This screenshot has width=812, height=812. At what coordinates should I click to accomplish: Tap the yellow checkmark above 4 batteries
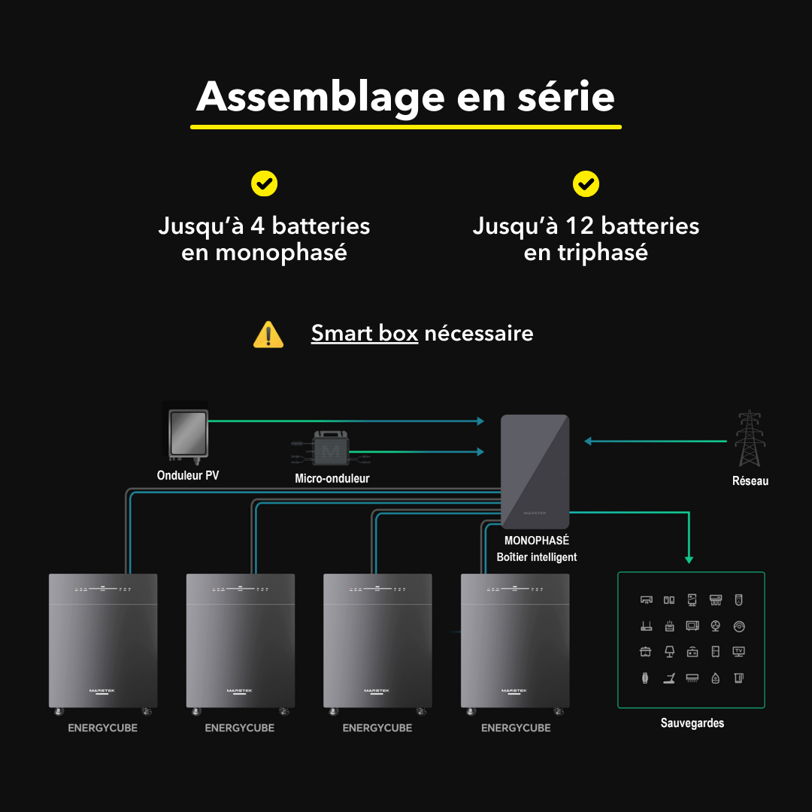[264, 184]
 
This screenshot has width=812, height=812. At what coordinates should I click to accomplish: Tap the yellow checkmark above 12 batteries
[586, 184]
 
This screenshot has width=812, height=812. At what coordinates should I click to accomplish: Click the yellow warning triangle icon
[268, 335]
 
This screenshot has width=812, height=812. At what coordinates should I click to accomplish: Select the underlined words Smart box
[365, 333]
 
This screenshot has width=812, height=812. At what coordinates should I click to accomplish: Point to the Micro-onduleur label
[332, 478]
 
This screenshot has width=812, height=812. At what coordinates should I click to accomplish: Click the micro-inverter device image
[330, 450]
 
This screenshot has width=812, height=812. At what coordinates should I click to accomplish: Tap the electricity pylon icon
[750, 438]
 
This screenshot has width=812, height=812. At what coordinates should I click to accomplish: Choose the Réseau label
[750, 481]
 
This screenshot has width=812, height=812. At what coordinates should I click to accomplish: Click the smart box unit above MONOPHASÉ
[535, 471]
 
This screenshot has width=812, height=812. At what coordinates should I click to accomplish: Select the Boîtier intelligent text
[537, 557]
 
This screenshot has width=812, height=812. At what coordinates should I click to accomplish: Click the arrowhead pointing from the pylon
[588, 441]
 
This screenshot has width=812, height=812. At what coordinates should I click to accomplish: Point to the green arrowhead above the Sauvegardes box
[689, 560]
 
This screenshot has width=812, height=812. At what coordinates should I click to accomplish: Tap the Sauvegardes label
[692, 723]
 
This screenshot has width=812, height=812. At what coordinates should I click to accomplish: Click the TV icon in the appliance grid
[738, 651]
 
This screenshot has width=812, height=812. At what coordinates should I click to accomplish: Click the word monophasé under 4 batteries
[281, 253]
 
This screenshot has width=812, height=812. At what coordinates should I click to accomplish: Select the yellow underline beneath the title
[406, 127]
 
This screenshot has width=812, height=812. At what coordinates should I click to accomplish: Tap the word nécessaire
[479, 334]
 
